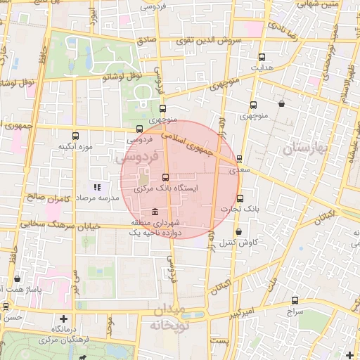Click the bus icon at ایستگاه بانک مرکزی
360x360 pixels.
point(165,178)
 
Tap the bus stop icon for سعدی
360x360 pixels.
point(240,159)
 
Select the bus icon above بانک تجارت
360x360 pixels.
point(239,198)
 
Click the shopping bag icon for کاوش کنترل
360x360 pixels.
point(239,231)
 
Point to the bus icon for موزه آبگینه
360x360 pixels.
point(76,136)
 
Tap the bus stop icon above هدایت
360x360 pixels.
point(262,58)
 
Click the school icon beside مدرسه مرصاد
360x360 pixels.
point(97,188)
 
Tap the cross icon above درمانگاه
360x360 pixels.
point(64,319)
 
